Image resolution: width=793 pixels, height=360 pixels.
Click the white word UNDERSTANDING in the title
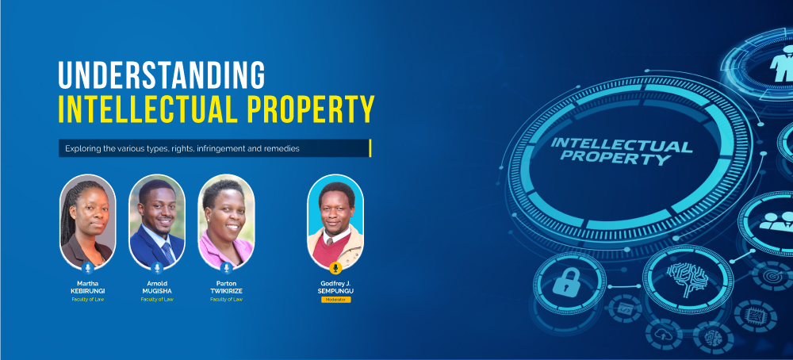coord(161,75)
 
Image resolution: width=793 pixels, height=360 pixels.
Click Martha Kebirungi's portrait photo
coord(87,221)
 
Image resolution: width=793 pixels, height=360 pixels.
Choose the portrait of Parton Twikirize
coord(226,221)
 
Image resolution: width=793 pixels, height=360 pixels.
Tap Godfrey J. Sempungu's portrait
coord(335,221)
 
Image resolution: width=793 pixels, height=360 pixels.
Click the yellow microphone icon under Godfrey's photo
coord(335,268)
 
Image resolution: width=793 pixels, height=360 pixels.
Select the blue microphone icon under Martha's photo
coord(87,268)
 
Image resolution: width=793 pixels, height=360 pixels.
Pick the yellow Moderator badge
coord(335,300)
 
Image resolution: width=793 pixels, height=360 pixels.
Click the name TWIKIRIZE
coord(226,291)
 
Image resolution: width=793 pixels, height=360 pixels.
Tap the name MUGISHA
coord(157,291)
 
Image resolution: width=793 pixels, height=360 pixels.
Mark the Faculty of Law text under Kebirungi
coord(87,299)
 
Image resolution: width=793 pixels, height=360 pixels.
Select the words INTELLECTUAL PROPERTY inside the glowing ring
coord(621,151)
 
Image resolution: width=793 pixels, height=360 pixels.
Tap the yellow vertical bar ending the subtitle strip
coord(370,148)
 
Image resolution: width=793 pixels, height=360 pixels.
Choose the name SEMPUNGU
coord(335,291)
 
